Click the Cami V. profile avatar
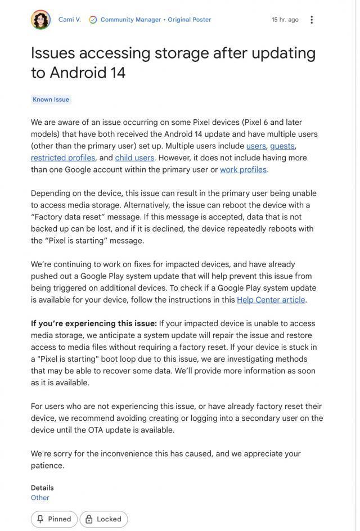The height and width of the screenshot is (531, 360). (40, 20)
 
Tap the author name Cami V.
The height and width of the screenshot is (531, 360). (70, 20)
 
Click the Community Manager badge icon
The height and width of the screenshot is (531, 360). (93, 20)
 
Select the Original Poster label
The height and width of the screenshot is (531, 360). (190, 20)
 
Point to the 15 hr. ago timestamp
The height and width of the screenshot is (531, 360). (285, 20)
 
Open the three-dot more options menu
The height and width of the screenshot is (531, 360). (312, 20)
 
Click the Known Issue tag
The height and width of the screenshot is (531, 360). (51, 100)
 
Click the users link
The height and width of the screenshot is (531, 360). (256, 146)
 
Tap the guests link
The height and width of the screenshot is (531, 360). (282, 146)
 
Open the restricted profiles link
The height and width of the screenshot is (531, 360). (63, 157)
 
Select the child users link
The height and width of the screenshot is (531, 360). (134, 157)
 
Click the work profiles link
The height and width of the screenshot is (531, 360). (243, 169)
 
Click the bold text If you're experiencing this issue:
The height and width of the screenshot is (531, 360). (93, 323)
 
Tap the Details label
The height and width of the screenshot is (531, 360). (42, 488)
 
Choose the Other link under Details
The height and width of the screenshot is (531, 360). (40, 498)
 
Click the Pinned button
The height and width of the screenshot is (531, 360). (55, 519)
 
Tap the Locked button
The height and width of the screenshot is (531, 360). (104, 519)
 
